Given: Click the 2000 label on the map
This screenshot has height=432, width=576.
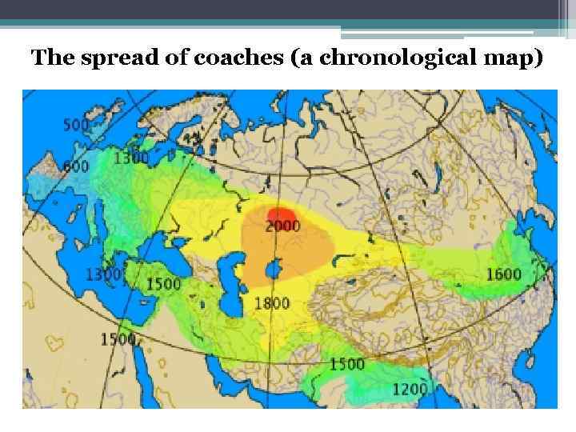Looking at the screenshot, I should point(283,226).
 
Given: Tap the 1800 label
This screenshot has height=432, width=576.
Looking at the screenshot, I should point(271,302).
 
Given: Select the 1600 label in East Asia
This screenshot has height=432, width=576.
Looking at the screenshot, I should point(504,274).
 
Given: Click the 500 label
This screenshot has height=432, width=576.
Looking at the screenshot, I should point(76,126).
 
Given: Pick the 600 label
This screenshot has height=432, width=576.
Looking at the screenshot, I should point(76,166).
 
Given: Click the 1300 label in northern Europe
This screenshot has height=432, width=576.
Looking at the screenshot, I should point(131,158).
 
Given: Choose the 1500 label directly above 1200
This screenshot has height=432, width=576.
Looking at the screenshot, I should point(346,364).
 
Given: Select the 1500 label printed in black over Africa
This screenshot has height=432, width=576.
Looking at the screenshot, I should point(118,339).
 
